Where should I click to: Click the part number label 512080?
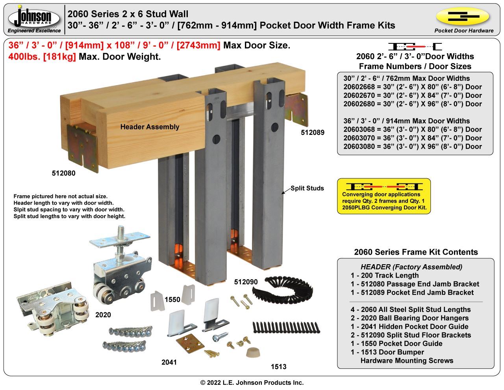[63, 173]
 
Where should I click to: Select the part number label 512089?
[312, 132]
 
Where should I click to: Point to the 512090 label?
[246, 282]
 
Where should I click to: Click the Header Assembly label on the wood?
[150, 127]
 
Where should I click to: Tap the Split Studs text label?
[307, 188]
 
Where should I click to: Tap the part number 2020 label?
[103, 315]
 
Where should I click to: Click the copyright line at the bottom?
[252, 383]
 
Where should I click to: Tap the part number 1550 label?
[172, 300]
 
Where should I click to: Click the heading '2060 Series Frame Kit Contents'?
[416, 252]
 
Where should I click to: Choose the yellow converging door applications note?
[384, 196]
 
